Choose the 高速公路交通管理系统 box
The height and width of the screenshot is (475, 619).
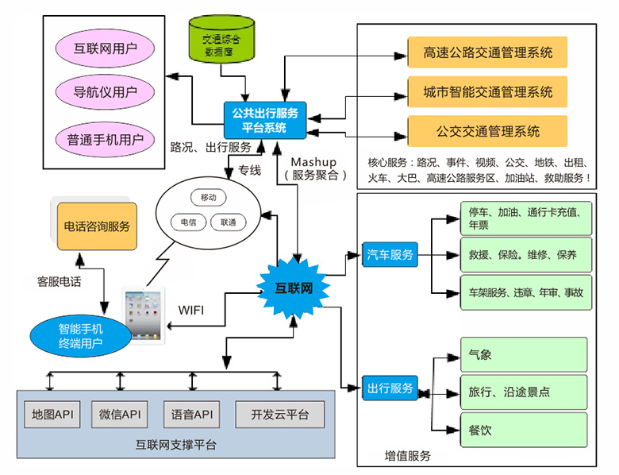pyautogui.click(x=488, y=53)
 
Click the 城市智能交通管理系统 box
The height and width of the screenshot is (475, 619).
pyautogui.click(x=488, y=91)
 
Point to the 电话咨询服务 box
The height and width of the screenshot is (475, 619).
pyautogui.click(x=96, y=226)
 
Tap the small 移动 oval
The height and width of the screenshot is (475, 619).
pyautogui.click(x=209, y=197)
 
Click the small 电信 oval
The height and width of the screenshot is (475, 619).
pyautogui.click(x=189, y=222)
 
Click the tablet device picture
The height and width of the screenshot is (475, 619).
pyautogui.click(x=144, y=316)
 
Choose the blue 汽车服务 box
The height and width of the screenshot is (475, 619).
pyautogui.click(x=389, y=255)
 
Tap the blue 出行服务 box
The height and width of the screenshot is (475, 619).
pyautogui.click(x=389, y=388)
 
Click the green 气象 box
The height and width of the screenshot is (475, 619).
pyautogui.click(x=524, y=354)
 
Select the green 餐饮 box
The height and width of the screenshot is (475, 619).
pyautogui.click(x=524, y=430)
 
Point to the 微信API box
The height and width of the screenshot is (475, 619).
pyautogui.click(x=121, y=414)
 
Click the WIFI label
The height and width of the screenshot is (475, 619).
pyautogui.click(x=191, y=308)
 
